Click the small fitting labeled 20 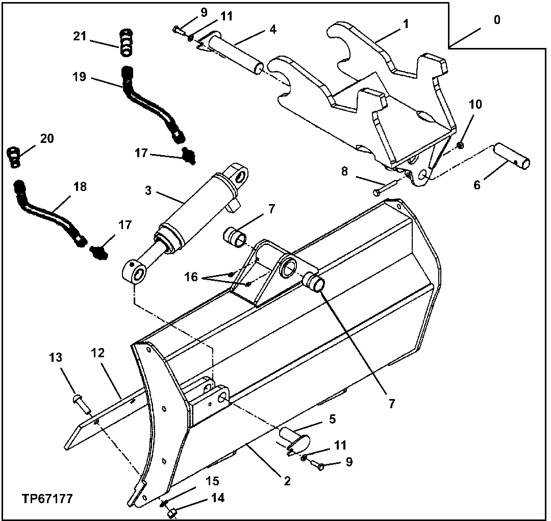coord(14,157)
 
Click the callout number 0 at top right coord(497,21)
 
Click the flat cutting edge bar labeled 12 coord(102,418)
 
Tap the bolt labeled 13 coord(81,400)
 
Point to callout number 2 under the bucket coord(287,481)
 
